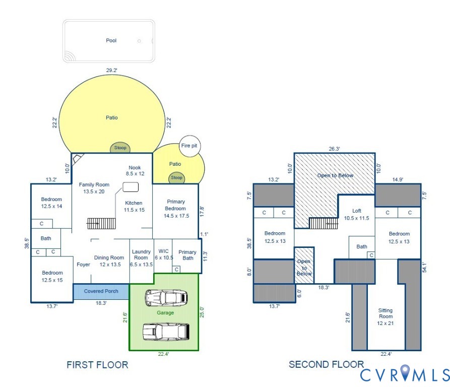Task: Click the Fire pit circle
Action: point(189,146)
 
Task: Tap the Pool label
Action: point(111,40)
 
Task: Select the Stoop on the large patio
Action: point(120,148)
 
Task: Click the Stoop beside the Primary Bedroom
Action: point(176,177)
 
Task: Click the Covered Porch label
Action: point(101,291)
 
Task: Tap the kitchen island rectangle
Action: point(130,187)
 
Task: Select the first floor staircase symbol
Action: point(101,223)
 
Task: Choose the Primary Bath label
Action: point(187,255)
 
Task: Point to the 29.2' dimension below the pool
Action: point(111,71)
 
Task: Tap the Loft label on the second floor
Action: point(357,215)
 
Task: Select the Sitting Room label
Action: point(385,316)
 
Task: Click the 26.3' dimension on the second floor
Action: point(334,149)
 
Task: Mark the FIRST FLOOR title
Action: point(97,364)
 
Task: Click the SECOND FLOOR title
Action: point(326,364)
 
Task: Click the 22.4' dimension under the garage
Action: point(163,354)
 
